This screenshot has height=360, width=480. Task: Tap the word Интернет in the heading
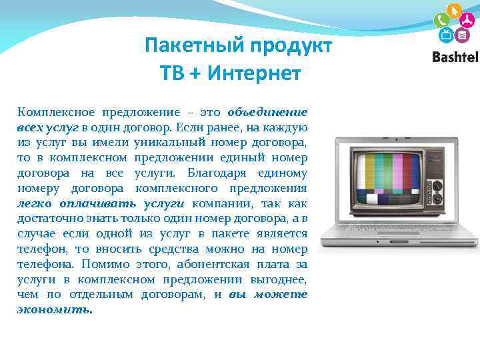(254, 73)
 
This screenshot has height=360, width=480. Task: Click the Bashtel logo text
(455, 57)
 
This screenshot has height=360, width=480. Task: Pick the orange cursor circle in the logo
(453, 11)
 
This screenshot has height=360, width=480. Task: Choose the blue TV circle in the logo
(446, 35)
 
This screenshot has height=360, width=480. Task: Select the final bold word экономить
(55, 310)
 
